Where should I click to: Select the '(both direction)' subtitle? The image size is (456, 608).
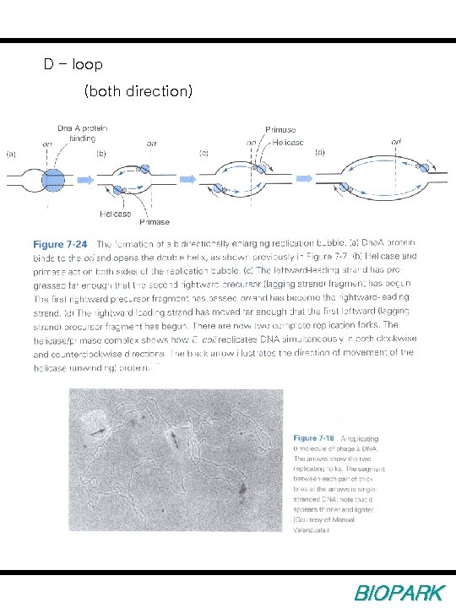pyautogui.click(x=138, y=90)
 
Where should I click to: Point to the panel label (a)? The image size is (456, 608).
pyautogui.click(x=13, y=155)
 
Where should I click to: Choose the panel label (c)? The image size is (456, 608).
pyautogui.click(x=204, y=154)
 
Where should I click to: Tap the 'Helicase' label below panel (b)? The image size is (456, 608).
pyautogui.click(x=115, y=214)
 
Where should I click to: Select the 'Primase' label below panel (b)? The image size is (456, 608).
pyautogui.click(x=154, y=222)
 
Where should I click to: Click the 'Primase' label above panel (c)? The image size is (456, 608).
pyautogui.click(x=280, y=130)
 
